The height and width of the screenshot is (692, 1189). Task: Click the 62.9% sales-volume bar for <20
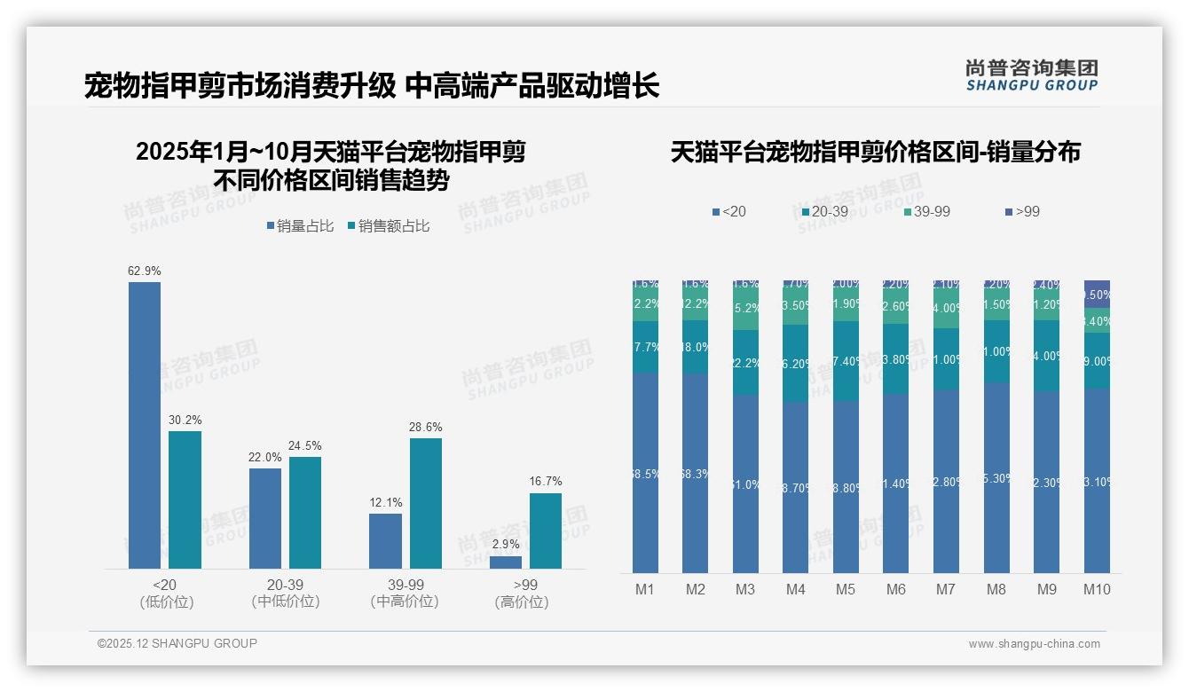tap(145, 425)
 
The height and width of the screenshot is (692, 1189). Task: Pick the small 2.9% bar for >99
tap(506, 562)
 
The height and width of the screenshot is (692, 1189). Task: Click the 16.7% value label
tap(546, 481)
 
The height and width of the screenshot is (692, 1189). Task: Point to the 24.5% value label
tap(305, 445)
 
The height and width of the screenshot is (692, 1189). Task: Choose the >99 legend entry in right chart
tap(1022, 211)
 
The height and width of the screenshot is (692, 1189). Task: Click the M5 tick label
tap(845, 589)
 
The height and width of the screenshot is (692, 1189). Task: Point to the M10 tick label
tap(1097, 589)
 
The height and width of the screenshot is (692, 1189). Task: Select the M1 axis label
tap(645, 589)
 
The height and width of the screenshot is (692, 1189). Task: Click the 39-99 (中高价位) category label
tap(405, 593)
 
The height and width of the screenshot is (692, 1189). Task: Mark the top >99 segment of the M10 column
tap(1097, 294)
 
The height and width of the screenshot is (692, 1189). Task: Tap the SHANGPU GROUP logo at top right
tap(1031, 75)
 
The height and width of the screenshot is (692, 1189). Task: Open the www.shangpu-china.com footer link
tap(1034, 644)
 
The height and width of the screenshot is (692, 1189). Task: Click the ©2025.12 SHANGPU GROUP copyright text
tap(177, 643)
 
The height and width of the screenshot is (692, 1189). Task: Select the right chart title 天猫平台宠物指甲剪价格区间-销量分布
tap(875, 152)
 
